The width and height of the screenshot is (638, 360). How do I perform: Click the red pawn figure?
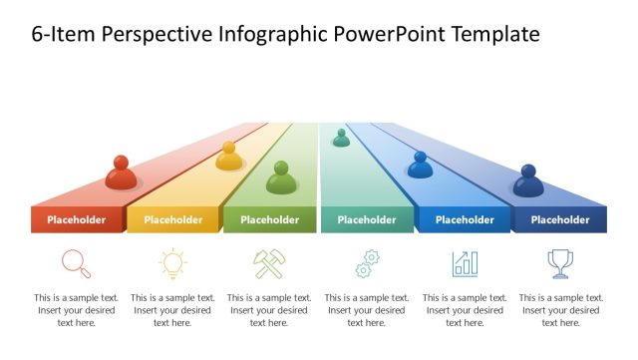[x=121, y=174]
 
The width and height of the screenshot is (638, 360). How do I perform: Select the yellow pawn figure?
[x=229, y=157]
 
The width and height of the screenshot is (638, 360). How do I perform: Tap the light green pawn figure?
[x=281, y=179]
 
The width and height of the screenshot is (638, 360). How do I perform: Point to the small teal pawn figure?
[x=341, y=139]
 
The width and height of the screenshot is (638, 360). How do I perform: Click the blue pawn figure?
[x=420, y=166]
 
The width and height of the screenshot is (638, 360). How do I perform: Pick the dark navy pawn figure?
[x=528, y=181]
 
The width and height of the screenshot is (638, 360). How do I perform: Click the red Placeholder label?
[x=77, y=220]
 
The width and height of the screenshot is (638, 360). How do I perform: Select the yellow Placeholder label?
[x=172, y=220]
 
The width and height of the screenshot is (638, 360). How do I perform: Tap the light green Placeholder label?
[x=270, y=220]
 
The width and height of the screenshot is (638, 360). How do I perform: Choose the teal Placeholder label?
[x=366, y=220]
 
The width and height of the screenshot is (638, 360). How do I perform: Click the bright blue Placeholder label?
[x=465, y=220]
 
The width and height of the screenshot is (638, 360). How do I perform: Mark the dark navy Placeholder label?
[x=559, y=220]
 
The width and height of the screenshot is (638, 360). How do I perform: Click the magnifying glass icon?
[x=77, y=263]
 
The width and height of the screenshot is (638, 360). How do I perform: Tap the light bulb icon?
[x=172, y=263]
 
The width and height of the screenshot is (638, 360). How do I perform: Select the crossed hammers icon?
[x=269, y=263]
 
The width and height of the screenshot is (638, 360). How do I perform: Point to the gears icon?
[x=365, y=263]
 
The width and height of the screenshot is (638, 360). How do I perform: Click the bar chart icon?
[x=465, y=263]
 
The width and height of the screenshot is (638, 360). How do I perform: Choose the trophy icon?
[x=560, y=263]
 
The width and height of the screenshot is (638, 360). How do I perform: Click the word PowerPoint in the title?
[x=392, y=35]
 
